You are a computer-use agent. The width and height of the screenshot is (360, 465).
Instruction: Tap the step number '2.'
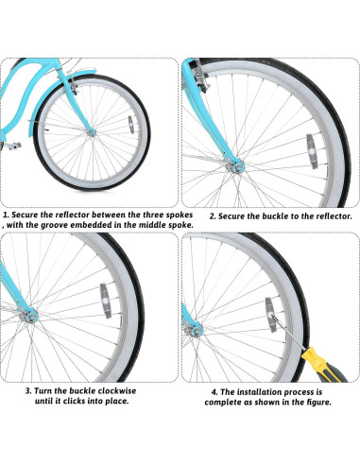pos(214,215)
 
